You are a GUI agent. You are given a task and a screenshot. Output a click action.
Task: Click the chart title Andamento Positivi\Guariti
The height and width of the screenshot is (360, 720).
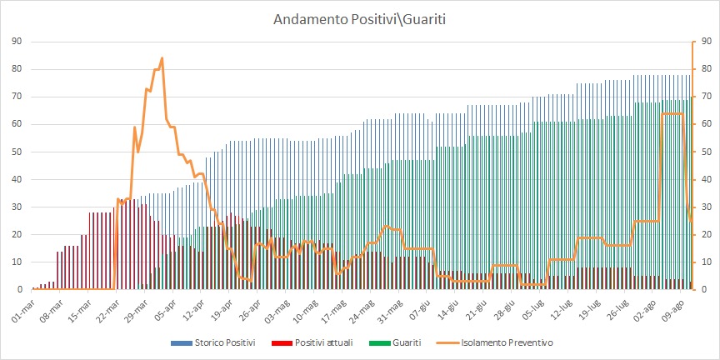pyautogui.click(x=359, y=17)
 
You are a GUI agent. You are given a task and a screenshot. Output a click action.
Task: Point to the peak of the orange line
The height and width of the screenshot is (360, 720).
pyautogui.click(x=162, y=57)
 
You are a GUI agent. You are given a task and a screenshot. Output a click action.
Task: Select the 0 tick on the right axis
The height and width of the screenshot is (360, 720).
pyautogui.click(x=704, y=289)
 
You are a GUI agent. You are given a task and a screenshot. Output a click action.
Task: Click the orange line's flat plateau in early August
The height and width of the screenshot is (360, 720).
pyautogui.click(x=672, y=113)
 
